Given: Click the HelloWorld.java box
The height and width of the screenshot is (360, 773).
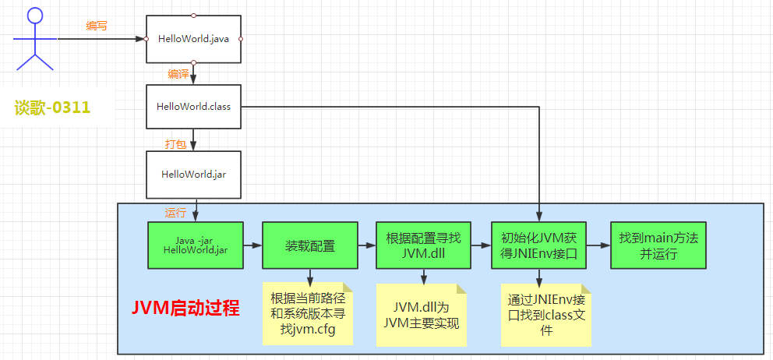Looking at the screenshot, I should [x=193, y=38].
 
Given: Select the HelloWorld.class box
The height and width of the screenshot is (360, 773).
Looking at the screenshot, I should [x=193, y=106].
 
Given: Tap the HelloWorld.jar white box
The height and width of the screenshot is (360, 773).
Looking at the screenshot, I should [x=193, y=174].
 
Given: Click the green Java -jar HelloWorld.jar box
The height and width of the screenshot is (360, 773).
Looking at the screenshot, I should [x=196, y=245].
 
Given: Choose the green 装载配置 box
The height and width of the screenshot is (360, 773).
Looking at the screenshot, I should [x=309, y=245].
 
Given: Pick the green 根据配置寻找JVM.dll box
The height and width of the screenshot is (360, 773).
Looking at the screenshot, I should [x=423, y=245].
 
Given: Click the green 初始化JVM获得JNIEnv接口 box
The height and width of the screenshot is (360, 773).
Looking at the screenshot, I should [x=538, y=245].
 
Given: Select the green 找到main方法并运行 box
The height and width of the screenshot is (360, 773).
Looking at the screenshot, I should [x=658, y=245].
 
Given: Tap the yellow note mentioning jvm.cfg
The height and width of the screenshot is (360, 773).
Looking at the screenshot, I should [x=308, y=313].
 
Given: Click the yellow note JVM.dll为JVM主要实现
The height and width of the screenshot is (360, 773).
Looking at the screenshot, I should [x=422, y=315].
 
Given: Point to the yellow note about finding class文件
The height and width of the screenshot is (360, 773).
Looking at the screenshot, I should [x=545, y=315].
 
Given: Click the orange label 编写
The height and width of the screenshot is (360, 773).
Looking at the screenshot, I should [x=96, y=26].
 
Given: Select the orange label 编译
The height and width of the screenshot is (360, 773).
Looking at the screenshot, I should [x=178, y=74].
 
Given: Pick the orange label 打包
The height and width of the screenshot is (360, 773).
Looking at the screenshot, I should [x=176, y=144].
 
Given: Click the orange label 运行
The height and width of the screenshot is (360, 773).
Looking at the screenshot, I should [x=175, y=212].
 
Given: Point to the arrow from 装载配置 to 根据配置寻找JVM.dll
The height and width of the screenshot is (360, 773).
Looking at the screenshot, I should [x=366, y=245].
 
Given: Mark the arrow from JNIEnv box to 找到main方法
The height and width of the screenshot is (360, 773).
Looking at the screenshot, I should [x=598, y=245].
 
